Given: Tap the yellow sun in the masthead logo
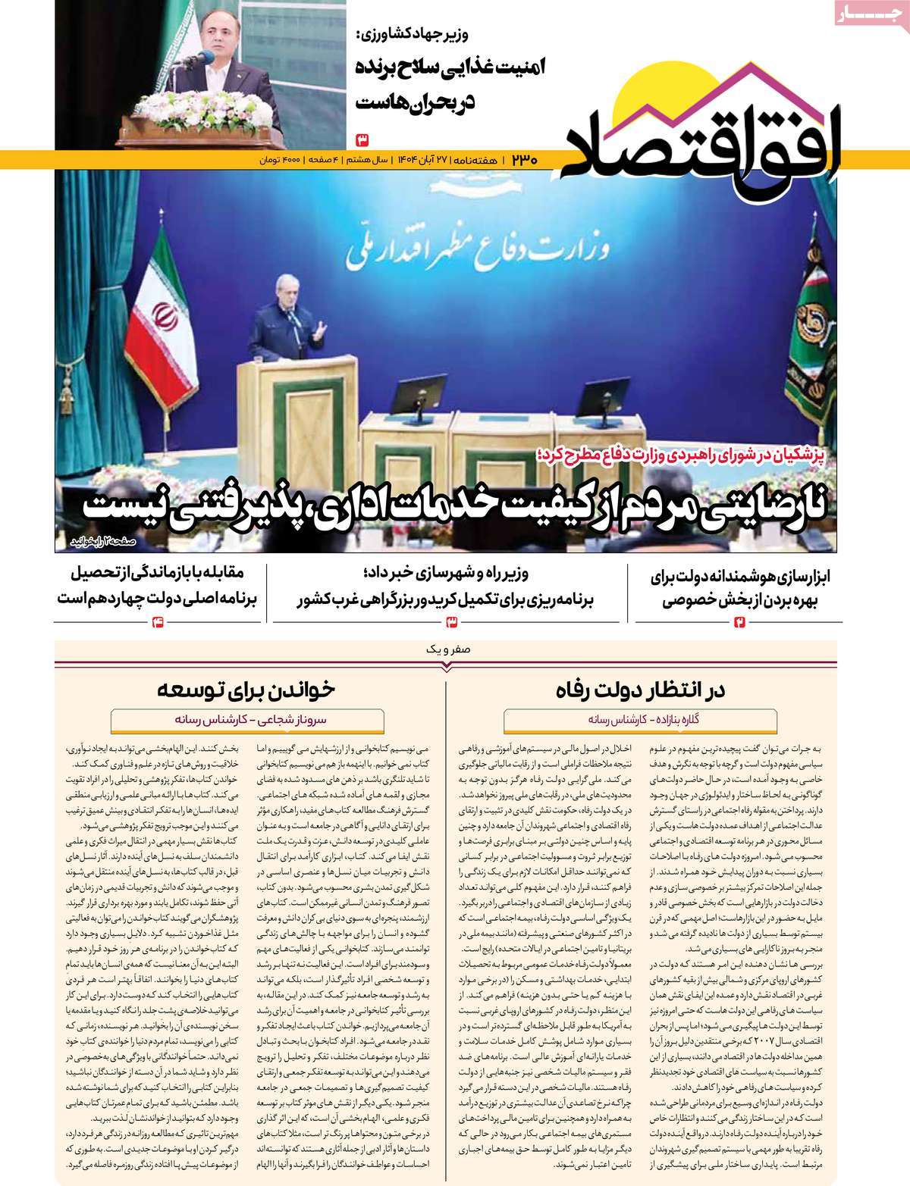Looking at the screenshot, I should (652, 91).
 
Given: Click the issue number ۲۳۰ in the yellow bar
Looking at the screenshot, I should (523, 160).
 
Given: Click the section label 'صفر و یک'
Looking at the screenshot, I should (448, 649).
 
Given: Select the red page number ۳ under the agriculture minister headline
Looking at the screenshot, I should (362, 139).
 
